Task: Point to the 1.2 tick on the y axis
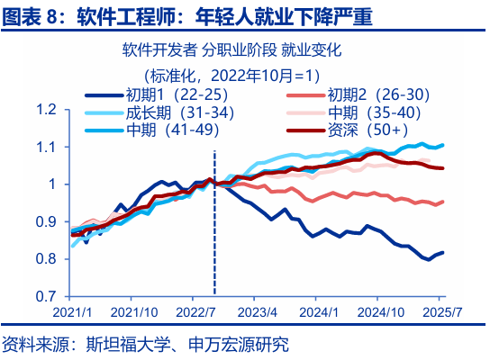coord(46,110)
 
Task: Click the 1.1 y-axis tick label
coord(46,147)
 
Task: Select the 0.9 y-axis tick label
coord(46,221)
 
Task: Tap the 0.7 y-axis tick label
coord(46,296)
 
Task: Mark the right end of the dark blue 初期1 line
coord(442,253)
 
